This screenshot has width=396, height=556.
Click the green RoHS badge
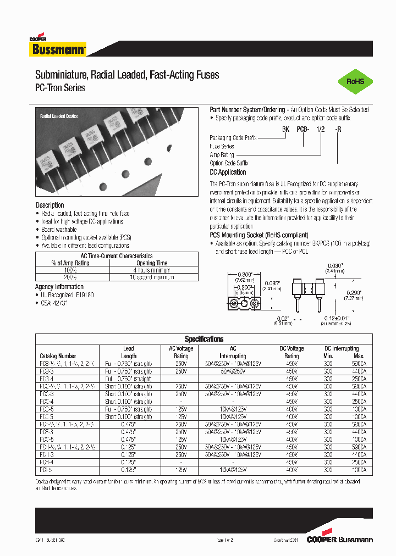tap(355, 81)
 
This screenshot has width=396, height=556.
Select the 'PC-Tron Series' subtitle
tap(60, 88)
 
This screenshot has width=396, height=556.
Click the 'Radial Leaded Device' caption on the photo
tap(59, 116)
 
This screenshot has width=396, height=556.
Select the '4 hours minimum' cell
tap(151, 270)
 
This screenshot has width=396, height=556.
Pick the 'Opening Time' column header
tap(151, 263)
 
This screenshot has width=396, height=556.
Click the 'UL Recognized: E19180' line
tap(67, 295)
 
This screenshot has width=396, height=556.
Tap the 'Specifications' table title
tap(204, 339)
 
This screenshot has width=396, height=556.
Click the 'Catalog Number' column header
tap(58, 356)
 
